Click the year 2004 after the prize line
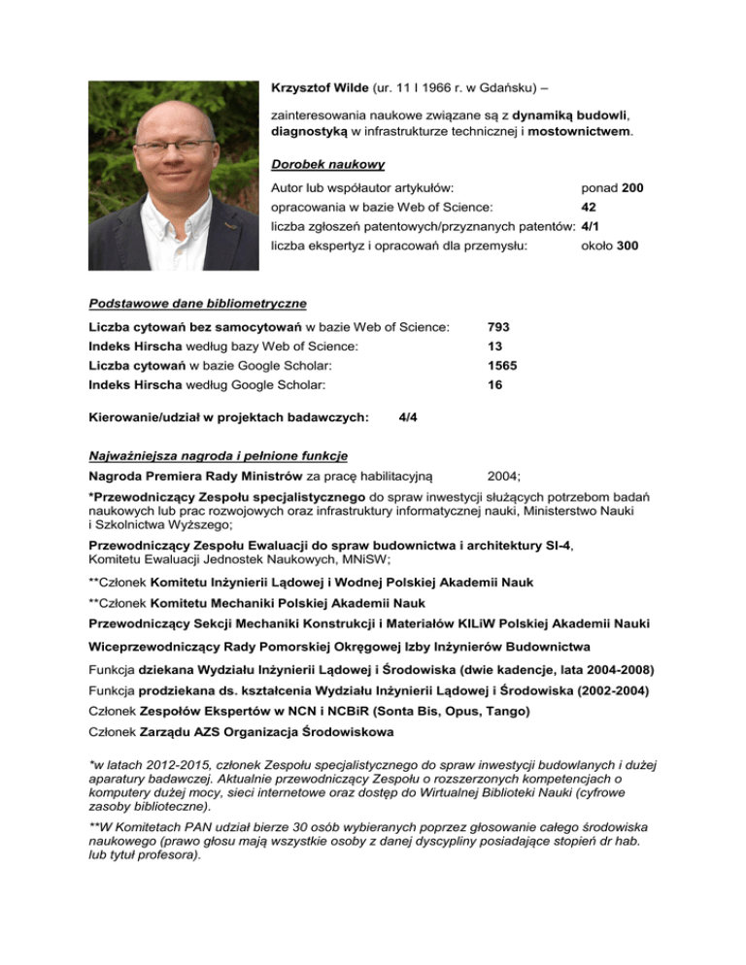502,476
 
